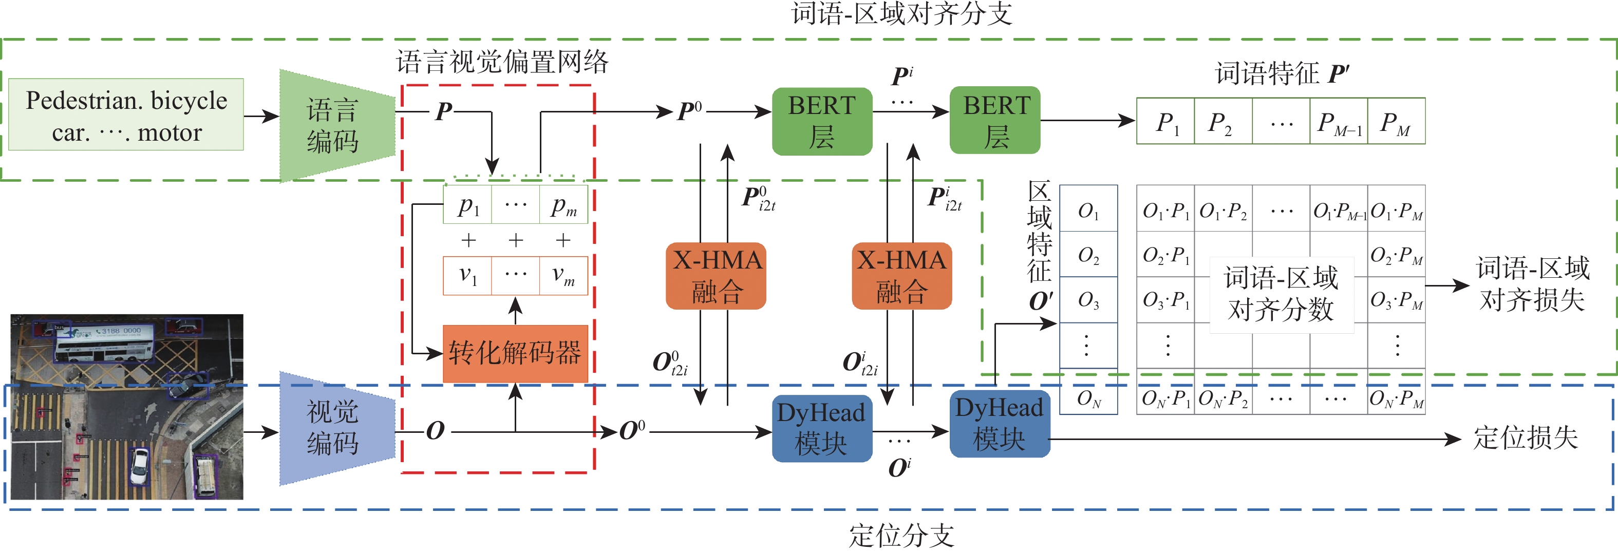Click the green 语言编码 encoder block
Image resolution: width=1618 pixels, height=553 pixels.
pyautogui.click(x=333, y=125)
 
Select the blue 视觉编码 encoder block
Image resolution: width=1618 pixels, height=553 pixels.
pyautogui.click(x=333, y=428)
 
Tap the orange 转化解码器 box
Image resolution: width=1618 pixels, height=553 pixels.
pyautogui.click(x=515, y=353)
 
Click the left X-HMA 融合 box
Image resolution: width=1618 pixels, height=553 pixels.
pyautogui.click(x=716, y=276)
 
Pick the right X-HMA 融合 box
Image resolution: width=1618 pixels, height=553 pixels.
pyautogui.click(x=901, y=276)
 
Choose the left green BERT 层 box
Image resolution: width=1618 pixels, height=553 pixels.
pyautogui.click(x=821, y=121)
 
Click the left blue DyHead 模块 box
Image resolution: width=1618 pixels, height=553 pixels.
pyautogui.click(x=821, y=428)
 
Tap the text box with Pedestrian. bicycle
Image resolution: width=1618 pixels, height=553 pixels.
pyautogui.click(x=126, y=115)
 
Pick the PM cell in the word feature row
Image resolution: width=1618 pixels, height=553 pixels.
pyautogui.click(x=1396, y=121)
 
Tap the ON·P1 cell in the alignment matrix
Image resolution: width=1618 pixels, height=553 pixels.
pyautogui.click(x=1165, y=398)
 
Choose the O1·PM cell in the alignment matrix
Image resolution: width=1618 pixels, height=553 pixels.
pyautogui.click(x=1396, y=211)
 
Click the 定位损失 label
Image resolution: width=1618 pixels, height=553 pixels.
pyautogui.click(x=1526, y=437)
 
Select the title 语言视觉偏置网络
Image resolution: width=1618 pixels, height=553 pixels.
pyautogui.click(x=502, y=62)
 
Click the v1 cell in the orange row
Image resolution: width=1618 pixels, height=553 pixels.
pyautogui.click(x=468, y=275)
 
